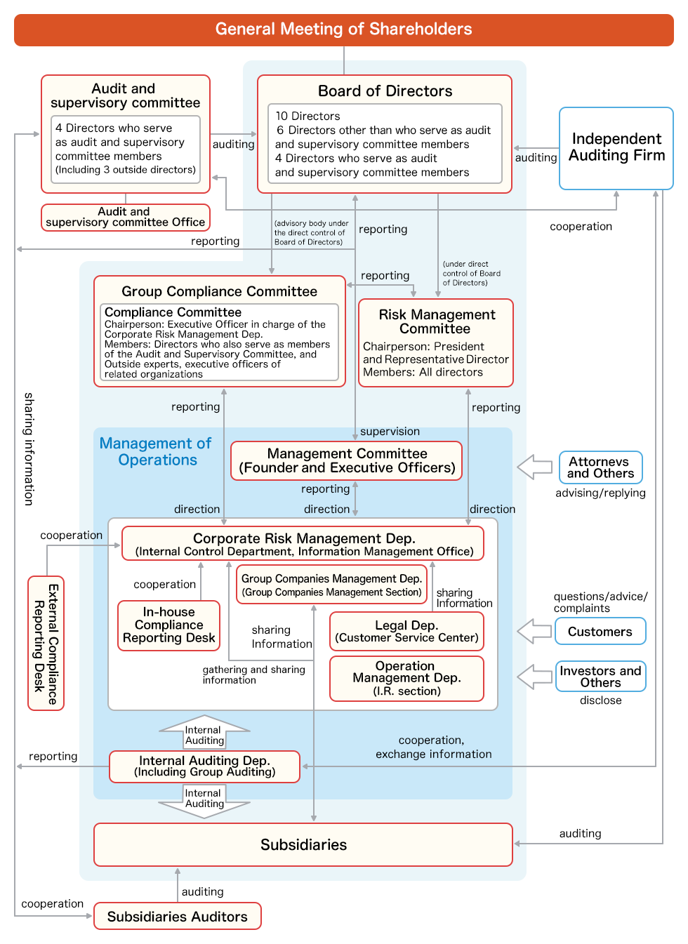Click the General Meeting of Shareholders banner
[x=343, y=29]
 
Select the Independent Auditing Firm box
[x=616, y=148]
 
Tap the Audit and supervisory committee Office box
[x=126, y=217]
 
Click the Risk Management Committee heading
[x=436, y=321]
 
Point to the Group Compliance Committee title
[x=219, y=291]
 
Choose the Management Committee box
[x=347, y=461]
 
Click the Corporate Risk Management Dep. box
[x=303, y=544]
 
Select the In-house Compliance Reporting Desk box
[x=168, y=625]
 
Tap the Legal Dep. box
[x=406, y=631]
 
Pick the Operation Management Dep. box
[x=406, y=678]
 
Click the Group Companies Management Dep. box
[x=331, y=585]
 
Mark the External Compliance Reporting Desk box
[x=46, y=643]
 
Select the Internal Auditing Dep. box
[x=204, y=766]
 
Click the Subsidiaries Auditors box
[x=177, y=917]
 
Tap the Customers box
[x=600, y=632]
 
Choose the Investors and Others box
[x=600, y=677]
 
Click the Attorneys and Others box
[x=600, y=467]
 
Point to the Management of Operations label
[x=156, y=451]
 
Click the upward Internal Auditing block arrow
[x=204, y=732]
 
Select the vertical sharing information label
[x=29, y=449]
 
